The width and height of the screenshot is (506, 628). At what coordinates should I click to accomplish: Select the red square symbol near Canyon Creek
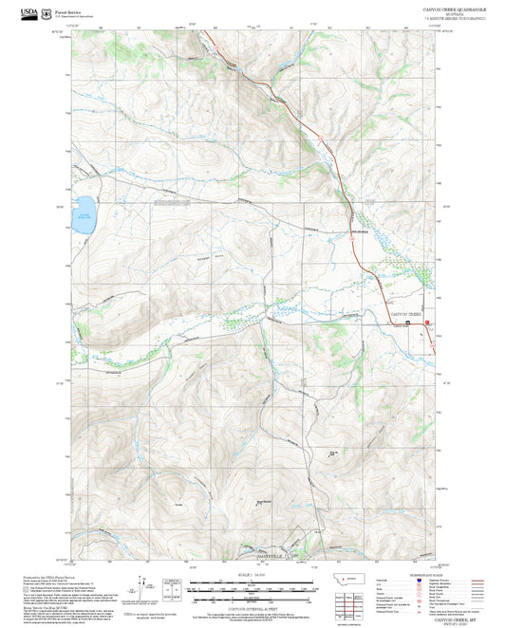tap(427, 323)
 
